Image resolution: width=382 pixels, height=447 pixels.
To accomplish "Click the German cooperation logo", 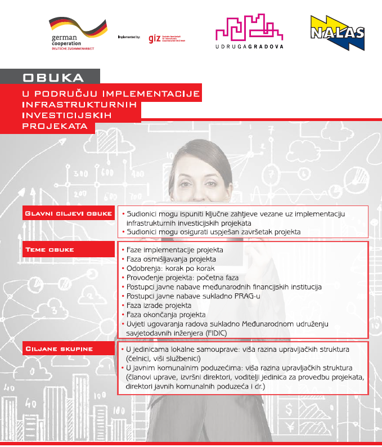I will [74, 32].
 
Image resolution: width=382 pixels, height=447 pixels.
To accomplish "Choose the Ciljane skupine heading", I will [59, 349].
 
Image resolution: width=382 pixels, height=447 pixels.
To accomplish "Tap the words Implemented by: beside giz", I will [129, 37].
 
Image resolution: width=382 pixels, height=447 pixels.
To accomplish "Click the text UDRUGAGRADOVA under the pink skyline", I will [250, 47].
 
